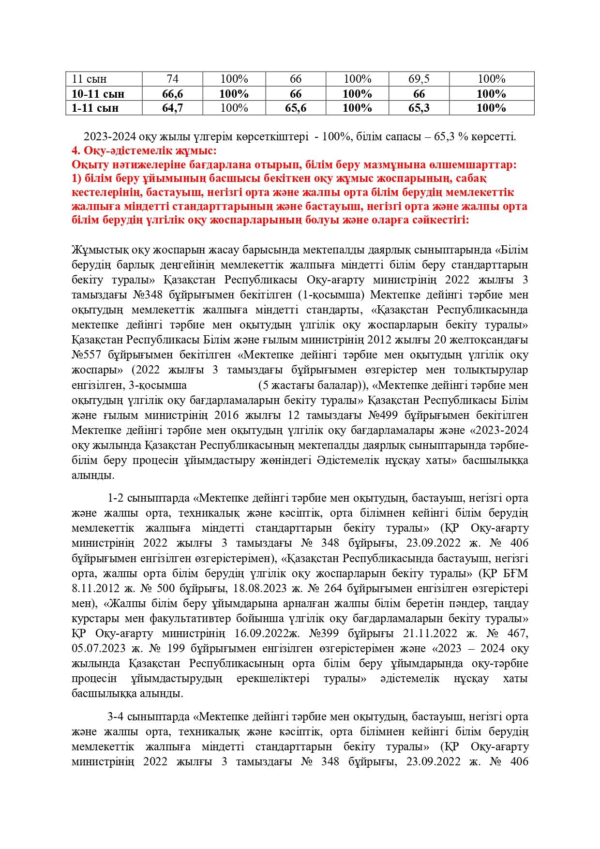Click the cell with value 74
(172, 79)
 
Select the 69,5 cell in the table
(419, 79)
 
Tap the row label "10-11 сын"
(98, 93)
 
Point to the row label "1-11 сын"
(95, 108)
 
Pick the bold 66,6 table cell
(172, 93)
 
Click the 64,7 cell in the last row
(172, 108)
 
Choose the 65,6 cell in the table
(296, 108)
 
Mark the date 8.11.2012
(96, 589)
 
